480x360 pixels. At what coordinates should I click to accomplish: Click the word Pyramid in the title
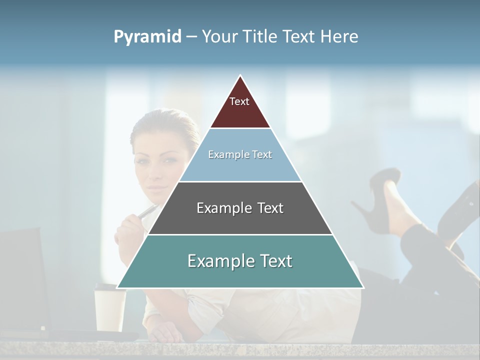[x=147, y=37]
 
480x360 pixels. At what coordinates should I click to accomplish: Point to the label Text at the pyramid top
[x=239, y=101]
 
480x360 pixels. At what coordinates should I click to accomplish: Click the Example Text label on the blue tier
[x=240, y=154]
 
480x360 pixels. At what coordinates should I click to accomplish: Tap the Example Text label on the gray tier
[x=240, y=208]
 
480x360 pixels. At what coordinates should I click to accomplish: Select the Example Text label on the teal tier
[x=240, y=261]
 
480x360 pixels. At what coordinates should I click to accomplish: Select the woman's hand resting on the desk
[x=165, y=333]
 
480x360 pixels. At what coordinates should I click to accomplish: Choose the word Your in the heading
[x=220, y=37]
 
